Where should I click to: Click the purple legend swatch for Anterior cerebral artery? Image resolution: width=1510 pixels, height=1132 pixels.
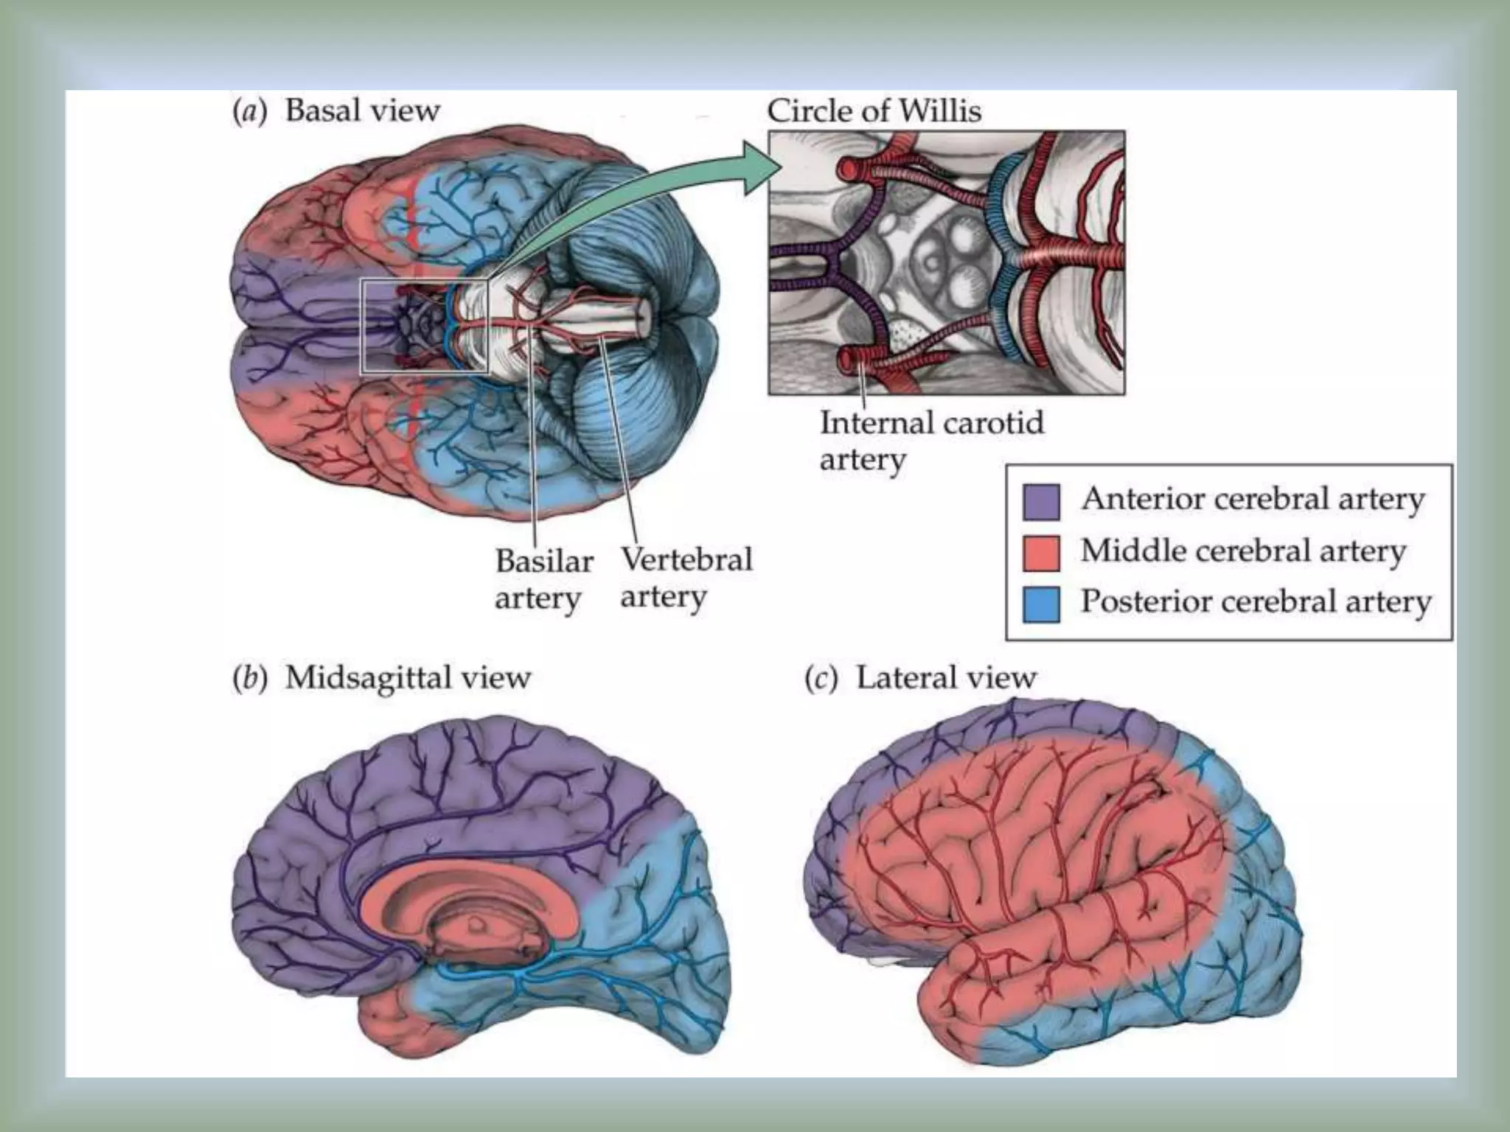tap(1042, 501)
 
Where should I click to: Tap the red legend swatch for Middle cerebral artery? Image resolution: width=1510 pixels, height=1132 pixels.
tap(1042, 553)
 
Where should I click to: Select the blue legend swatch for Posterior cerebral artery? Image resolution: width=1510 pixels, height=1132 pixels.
tap(1042, 604)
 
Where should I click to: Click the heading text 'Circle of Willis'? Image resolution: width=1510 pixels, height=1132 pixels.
tap(874, 111)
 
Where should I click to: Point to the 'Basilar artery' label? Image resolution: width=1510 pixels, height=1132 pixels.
tap(543, 579)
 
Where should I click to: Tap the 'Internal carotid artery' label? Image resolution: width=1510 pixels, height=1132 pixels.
tap(931, 441)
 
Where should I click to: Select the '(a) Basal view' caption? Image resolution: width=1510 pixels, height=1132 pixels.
tap(337, 111)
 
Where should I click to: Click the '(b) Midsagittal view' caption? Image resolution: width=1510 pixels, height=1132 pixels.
tap(381, 677)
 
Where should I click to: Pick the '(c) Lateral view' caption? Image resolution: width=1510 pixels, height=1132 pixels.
tap(920, 677)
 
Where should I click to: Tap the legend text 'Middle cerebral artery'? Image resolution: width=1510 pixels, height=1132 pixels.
tap(1243, 551)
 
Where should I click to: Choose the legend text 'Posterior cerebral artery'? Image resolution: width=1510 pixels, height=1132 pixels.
tap(1256, 602)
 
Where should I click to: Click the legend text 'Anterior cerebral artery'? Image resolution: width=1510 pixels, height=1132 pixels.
tap(1253, 500)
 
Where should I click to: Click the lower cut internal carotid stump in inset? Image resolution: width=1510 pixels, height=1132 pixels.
tap(851, 360)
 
